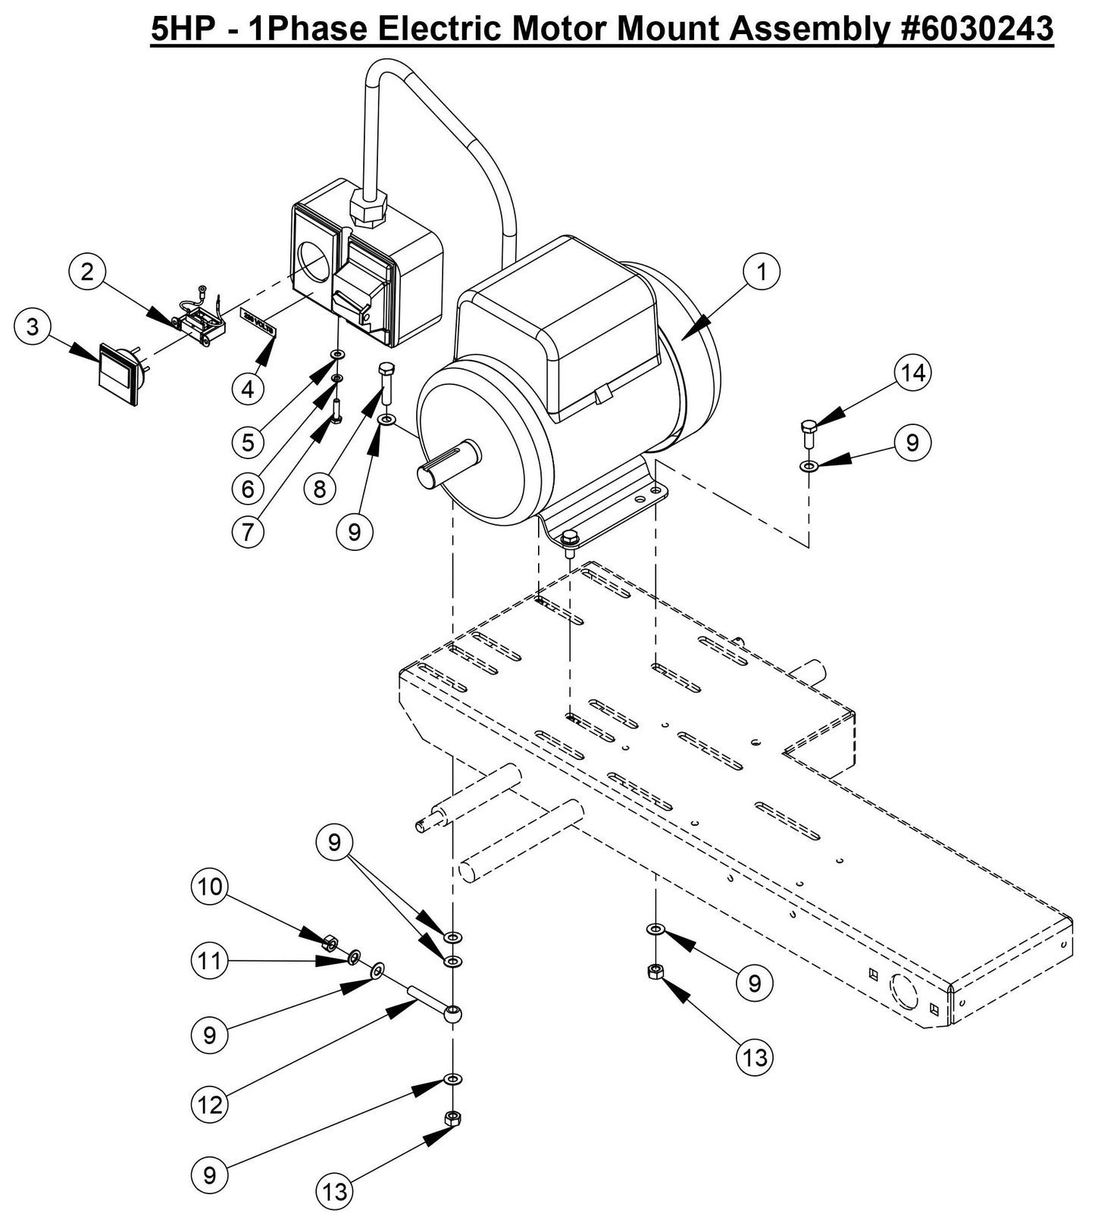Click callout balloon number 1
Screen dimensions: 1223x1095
click(x=762, y=271)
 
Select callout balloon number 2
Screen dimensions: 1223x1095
click(x=88, y=271)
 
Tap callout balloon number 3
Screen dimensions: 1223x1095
click(x=32, y=327)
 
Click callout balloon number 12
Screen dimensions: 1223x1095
click(x=210, y=1105)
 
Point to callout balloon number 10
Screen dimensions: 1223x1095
click(x=210, y=886)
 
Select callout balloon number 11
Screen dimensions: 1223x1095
click(x=210, y=961)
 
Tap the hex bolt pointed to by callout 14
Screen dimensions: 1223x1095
click(x=808, y=433)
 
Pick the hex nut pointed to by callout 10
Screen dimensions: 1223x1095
click(x=330, y=944)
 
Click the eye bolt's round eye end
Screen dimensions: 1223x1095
click(x=453, y=1013)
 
